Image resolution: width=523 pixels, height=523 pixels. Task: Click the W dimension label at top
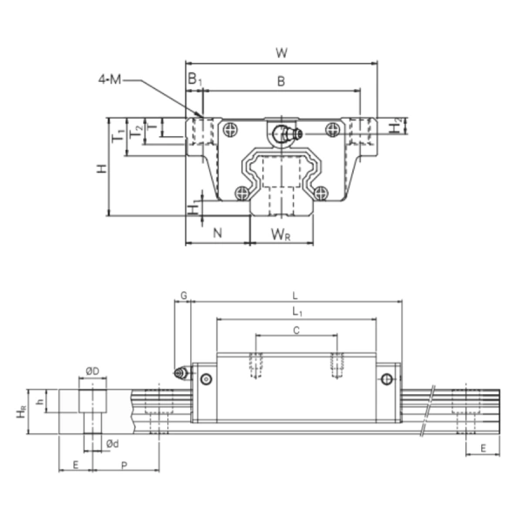281,52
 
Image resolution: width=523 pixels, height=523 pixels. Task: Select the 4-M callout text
112,81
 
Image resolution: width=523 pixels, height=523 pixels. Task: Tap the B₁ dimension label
195,81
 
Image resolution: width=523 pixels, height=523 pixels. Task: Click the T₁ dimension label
117,137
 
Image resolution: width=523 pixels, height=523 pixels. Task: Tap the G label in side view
183,296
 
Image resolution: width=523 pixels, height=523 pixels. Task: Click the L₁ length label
297,311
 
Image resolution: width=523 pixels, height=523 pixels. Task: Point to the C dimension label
296,329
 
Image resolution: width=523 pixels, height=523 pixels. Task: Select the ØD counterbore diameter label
92,372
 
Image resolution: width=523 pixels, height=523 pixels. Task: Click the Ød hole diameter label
112,444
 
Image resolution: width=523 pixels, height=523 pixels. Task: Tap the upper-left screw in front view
229,130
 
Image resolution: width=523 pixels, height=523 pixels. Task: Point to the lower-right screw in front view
323,192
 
